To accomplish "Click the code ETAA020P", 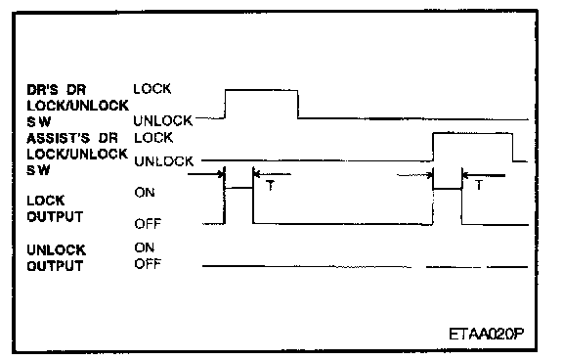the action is tap(487, 335).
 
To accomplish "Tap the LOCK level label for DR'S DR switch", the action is tap(152, 89).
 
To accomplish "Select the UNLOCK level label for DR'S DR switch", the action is tap(163, 120).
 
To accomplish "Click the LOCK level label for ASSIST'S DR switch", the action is tap(153, 138).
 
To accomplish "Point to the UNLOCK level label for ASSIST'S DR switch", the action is tap(164, 161).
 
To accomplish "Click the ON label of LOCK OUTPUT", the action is tap(145, 193).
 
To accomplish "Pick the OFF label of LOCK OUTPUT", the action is tap(148, 224).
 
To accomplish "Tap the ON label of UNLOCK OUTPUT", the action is tap(145, 247).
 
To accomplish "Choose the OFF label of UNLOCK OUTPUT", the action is tap(148, 264).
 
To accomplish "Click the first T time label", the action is tap(271, 186).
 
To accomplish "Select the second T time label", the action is tap(479, 186).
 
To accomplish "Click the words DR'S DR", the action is tap(57, 89).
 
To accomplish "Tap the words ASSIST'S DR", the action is tap(72, 138).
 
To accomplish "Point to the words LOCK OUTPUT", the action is tap(55, 208).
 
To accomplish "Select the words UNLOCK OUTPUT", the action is tap(57, 258).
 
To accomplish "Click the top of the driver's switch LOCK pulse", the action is tap(261, 90).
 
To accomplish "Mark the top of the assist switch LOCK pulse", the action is tap(473, 133).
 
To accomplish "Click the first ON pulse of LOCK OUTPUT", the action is tap(238, 188).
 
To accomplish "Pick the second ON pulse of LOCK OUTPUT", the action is tap(448, 188).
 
